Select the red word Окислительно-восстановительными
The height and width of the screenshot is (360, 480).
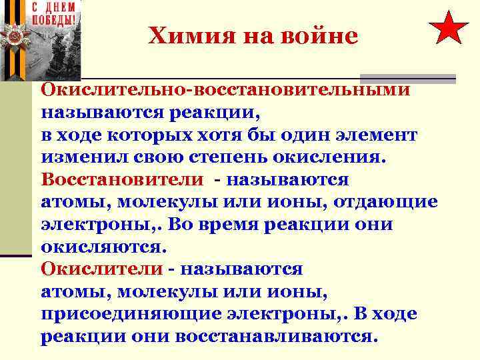[225, 89]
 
